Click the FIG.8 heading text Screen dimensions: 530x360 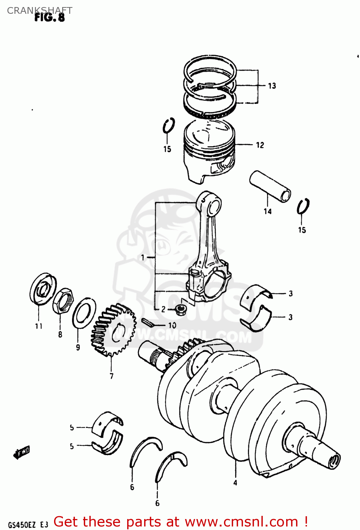(49, 17)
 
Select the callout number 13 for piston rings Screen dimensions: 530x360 (272, 86)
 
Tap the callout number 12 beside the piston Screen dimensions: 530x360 (260, 145)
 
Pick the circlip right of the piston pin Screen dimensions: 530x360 (303, 207)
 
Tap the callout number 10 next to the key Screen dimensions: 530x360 (172, 325)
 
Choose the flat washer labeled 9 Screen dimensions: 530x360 (84, 313)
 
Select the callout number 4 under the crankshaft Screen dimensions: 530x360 (235, 483)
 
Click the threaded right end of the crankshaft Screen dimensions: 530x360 (334, 460)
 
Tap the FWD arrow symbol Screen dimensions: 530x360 (22, 452)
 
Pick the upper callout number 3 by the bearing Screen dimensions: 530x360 (290, 293)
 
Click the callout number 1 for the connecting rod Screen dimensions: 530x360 (143, 258)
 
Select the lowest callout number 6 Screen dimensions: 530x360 (157, 503)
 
